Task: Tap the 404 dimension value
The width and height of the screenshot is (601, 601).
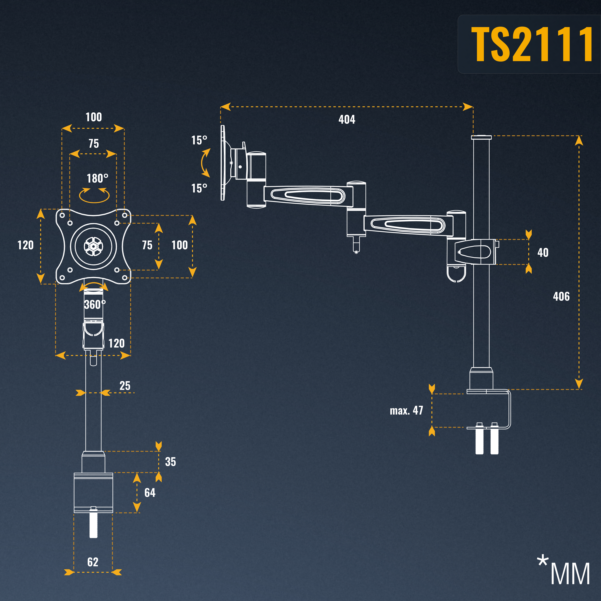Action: coord(347,119)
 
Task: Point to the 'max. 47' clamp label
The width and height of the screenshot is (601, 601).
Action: coord(406,411)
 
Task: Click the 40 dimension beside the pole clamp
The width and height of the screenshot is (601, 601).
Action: coord(543,253)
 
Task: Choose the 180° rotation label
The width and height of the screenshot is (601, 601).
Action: coord(97,178)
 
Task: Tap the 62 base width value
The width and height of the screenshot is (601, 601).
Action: coord(93,562)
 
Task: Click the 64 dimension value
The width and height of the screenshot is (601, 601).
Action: coord(150,493)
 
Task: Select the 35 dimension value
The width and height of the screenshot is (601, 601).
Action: coord(171,462)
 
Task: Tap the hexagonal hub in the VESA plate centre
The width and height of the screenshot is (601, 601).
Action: coord(93,247)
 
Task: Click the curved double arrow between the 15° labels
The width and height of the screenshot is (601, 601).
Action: coord(205,163)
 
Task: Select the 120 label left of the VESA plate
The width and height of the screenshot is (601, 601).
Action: coord(26,245)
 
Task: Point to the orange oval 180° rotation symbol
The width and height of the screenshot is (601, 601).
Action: coord(94,195)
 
